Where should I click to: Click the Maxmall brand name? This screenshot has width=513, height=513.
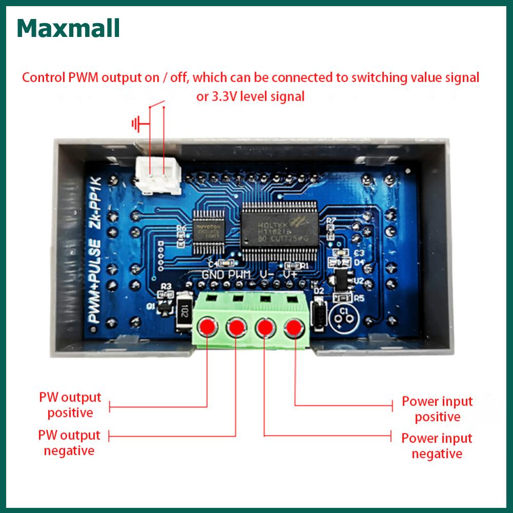(68, 30)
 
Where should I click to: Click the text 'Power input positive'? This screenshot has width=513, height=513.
(437, 409)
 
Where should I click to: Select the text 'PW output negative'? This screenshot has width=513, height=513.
(69, 443)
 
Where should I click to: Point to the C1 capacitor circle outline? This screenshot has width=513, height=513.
(345, 317)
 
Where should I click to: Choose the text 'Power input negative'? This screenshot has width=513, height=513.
(437, 446)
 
